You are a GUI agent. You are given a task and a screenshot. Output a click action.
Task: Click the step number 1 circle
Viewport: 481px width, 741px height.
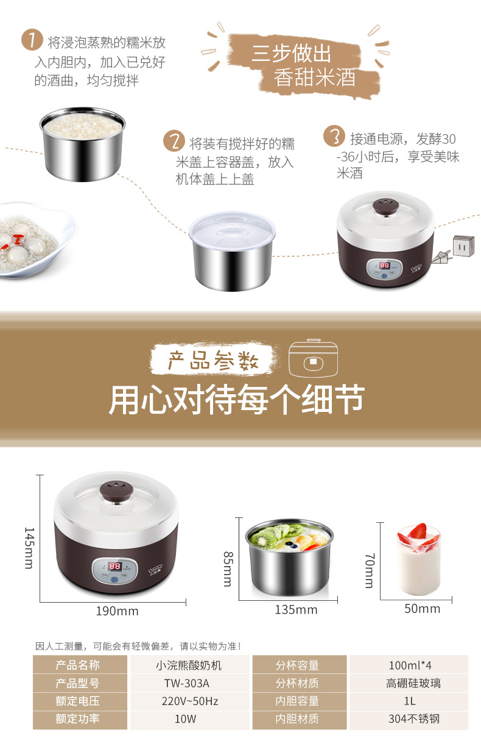click(x=32, y=40)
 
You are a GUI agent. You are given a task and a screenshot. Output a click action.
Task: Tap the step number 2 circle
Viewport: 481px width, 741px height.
click(x=174, y=141)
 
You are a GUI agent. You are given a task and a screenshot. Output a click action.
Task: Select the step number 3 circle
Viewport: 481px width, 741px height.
click(x=334, y=136)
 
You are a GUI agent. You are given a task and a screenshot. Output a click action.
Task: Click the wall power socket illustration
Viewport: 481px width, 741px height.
click(x=464, y=246)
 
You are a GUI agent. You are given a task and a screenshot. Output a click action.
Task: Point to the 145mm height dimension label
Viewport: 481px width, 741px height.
click(x=29, y=548)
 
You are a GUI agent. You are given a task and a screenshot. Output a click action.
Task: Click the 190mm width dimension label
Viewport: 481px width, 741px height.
click(x=117, y=611)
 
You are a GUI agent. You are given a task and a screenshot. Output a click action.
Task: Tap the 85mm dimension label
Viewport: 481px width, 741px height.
click(x=228, y=569)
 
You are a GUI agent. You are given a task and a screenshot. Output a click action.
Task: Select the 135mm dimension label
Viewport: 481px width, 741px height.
click(x=296, y=609)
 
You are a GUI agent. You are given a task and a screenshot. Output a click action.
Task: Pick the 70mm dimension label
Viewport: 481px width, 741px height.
click(x=370, y=570)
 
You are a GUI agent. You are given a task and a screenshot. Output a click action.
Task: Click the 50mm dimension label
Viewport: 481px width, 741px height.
click(x=422, y=609)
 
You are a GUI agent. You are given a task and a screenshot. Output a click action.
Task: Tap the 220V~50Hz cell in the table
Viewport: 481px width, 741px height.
click(x=190, y=701)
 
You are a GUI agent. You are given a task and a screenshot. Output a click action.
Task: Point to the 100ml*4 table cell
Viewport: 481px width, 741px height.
click(x=409, y=665)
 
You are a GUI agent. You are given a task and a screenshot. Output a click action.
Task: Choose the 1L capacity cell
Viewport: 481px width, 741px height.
click(x=409, y=701)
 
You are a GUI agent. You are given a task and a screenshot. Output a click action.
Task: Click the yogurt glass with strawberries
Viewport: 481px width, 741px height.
click(x=419, y=558)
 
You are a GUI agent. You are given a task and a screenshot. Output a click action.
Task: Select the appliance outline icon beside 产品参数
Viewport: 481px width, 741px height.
click(x=313, y=358)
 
